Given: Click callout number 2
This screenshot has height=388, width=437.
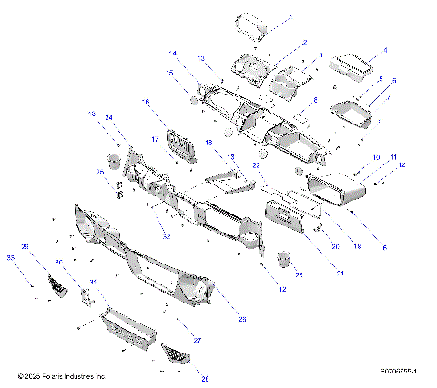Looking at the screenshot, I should click(x=304, y=42).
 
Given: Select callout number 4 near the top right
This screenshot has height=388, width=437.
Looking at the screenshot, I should click(x=384, y=51).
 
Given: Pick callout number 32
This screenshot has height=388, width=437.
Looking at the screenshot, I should click(x=167, y=236).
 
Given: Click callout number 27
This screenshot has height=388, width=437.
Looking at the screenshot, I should click(x=197, y=340).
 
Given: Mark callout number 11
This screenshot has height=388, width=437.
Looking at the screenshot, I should click(x=394, y=158).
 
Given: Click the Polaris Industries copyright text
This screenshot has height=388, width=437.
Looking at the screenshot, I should click(x=62, y=375).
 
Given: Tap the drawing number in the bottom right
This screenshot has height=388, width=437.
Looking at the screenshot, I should click(x=403, y=372).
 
